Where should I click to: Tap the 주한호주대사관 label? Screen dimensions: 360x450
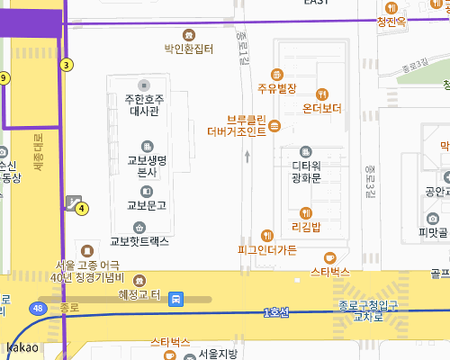[x=144, y=105]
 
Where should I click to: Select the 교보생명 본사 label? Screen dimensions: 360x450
[x=148, y=166]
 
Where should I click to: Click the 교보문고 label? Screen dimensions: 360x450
[x=147, y=205]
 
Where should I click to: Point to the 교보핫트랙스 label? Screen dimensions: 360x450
[x=139, y=240]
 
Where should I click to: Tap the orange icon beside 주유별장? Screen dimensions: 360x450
[x=277, y=74]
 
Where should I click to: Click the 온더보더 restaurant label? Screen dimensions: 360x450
[x=322, y=108]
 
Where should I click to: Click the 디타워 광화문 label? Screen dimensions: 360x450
[x=306, y=171]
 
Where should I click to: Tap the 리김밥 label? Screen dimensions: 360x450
[x=306, y=227]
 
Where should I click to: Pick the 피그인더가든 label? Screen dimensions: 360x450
[x=266, y=249]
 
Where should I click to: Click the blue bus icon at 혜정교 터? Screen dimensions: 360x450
[x=178, y=298]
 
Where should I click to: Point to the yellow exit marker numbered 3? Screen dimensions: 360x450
[x=67, y=65]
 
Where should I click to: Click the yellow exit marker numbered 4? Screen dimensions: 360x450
[x=82, y=209]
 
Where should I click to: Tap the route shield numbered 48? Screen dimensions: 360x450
[x=38, y=309]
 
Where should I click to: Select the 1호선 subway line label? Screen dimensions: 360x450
[x=276, y=312]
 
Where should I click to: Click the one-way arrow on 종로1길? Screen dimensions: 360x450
[x=247, y=157]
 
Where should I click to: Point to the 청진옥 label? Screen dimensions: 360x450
[x=392, y=22]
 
